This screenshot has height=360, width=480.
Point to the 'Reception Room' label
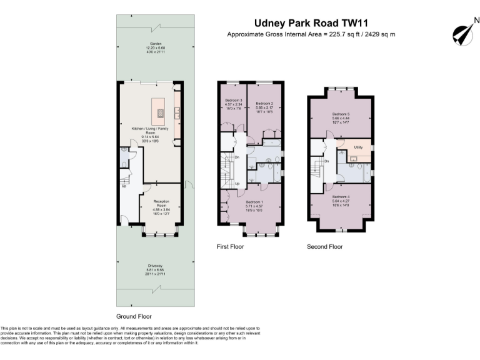(162, 203)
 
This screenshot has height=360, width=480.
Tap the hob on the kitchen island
(160, 113)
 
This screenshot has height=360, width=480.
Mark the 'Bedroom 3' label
(232, 101)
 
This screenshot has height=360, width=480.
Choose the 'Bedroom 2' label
(264, 103)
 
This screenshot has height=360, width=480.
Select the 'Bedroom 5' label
(341, 114)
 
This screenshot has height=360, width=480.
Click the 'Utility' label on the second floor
(358, 147)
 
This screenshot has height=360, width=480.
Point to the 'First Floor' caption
(231, 247)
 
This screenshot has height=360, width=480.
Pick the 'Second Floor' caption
(324, 247)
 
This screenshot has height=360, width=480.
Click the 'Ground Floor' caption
(134, 316)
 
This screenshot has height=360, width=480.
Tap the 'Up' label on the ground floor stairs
(124, 186)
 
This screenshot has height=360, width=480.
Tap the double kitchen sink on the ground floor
(177, 112)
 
